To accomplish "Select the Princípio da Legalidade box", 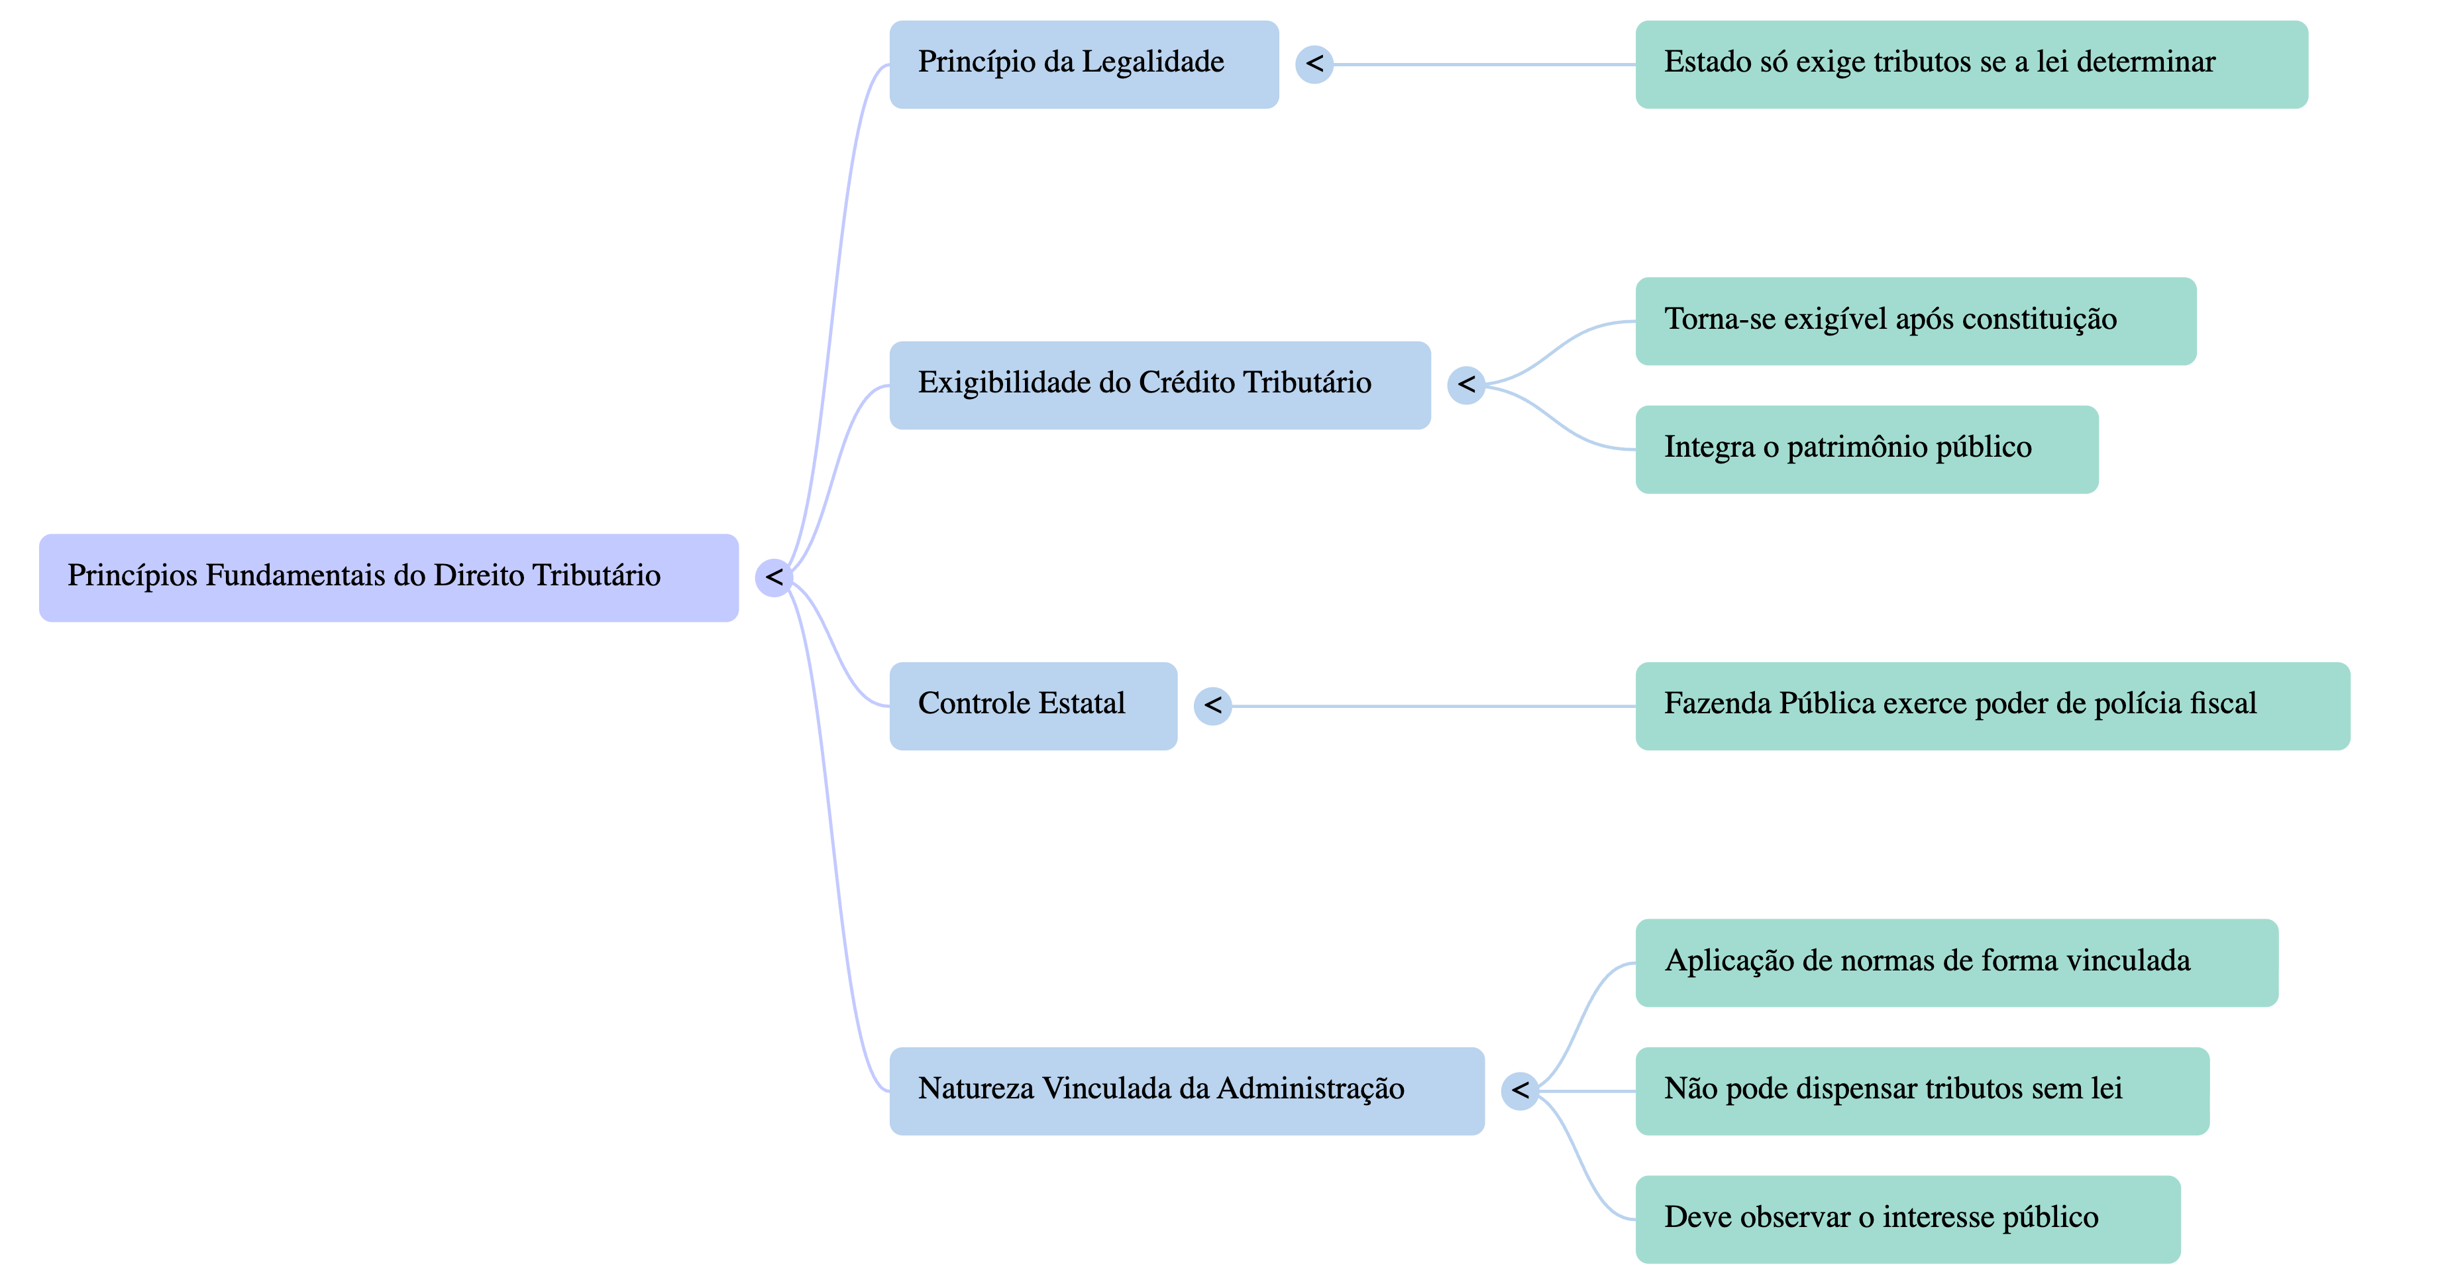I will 1083,64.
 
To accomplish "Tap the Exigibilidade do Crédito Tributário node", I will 1159,384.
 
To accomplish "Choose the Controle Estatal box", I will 1032,706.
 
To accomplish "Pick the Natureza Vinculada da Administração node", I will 1186,1090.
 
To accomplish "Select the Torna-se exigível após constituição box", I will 1915,321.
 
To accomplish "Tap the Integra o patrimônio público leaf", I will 1866,449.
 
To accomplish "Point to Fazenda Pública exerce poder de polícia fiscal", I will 1992,706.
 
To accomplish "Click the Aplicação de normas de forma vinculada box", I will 1956,963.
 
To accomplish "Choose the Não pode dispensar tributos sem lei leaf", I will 1921,1090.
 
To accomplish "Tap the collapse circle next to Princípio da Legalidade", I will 1314,64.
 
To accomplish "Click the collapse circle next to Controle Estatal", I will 1212,706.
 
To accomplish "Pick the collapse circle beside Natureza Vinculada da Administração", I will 1520,1090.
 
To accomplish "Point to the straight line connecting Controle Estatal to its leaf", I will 1432,706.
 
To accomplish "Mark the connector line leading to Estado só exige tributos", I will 1485,64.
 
